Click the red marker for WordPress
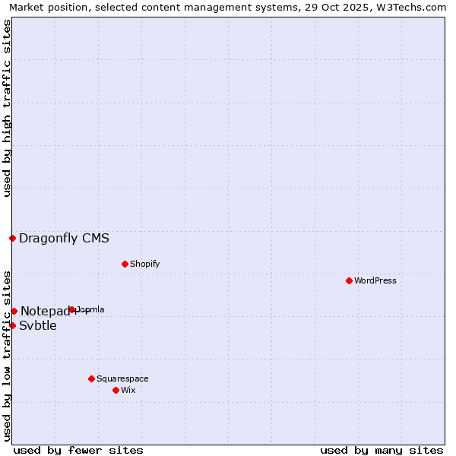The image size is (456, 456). [x=349, y=280]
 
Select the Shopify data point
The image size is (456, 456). [x=125, y=264]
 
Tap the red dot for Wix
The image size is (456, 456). [x=116, y=390]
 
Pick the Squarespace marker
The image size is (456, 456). [x=91, y=378]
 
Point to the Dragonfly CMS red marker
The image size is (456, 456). [x=12, y=238]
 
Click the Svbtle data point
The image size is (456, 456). [x=12, y=325]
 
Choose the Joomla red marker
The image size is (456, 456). [x=72, y=309]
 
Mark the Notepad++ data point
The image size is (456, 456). [x=14, y=311]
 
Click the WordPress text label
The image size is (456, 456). [x=375, y=280]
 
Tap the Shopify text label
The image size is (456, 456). [x=144, y=264]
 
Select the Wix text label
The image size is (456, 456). [x=128, y=390]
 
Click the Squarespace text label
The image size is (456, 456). [x=122, y=378]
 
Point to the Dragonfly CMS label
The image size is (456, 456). [x=64, y=238]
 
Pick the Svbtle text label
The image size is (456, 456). [x=38, y=326]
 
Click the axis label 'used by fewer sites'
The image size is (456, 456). [x=78, y=450]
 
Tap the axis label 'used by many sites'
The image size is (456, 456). [x=382, y=450]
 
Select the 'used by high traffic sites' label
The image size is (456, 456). [x=7, y=109]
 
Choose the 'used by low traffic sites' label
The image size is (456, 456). [x=7, y=356]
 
